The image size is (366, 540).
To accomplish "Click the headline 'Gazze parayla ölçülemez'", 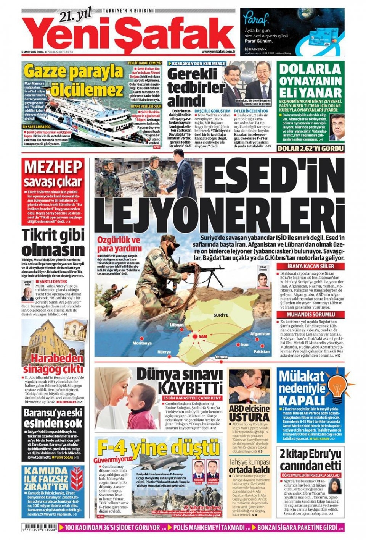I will tap(74, 80).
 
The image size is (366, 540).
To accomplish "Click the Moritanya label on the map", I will tap(142, 343).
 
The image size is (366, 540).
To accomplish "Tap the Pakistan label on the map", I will tap(261, 351).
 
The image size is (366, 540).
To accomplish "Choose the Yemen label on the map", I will tap(221, 357).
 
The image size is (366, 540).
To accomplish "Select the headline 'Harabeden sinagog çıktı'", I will tap(53, 364).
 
